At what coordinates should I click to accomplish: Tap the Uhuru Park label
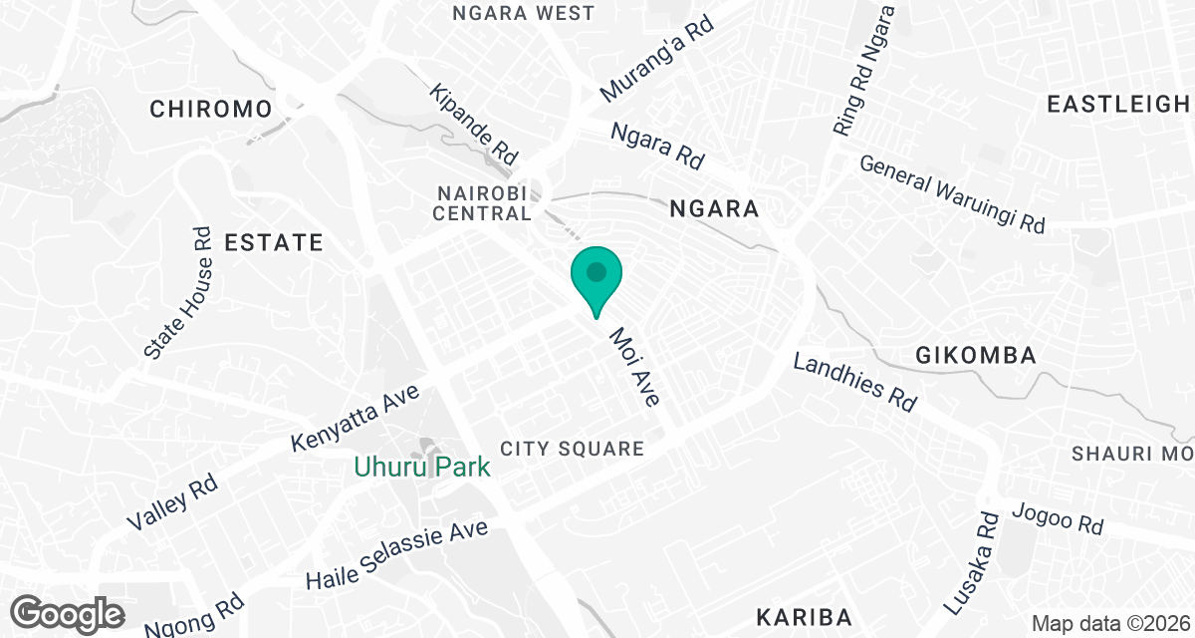[422, 467]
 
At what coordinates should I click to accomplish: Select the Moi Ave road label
[635, 367]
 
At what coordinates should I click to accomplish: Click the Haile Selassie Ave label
[397, 554]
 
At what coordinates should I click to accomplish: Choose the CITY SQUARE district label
[572, 449]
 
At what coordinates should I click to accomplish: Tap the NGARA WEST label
[523, 13]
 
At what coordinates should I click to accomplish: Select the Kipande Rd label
[474, 126]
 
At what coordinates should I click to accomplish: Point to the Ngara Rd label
[657, 146]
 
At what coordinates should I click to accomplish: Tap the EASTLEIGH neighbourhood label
[1118, 104]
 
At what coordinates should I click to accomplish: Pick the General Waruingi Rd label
[951, 193]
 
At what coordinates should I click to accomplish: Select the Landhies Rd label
[853, 382]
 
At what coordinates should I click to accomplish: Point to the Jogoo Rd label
[1057, 519]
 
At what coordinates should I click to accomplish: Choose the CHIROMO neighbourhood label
[211, 109]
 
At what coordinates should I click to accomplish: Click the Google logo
[69, 613]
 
